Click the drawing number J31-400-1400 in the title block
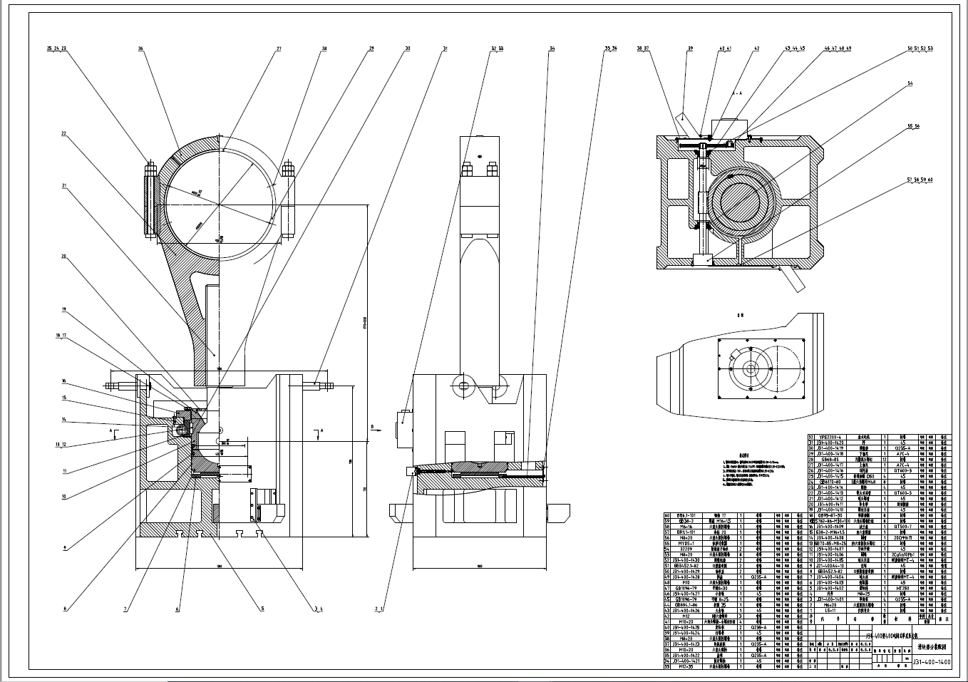point(932,663)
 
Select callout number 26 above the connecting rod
point(140,48)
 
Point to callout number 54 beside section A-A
point(910,83)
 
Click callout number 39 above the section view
point(690,48)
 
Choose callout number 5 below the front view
point(262,609)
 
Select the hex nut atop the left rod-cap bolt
point(150,170)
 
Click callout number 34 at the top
point(552,48)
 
